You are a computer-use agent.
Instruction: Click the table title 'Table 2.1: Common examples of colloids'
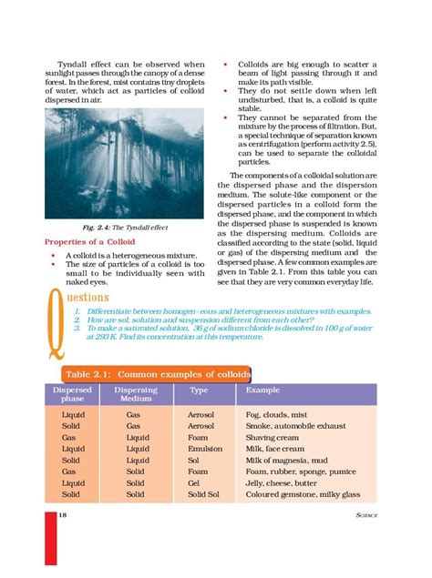156,374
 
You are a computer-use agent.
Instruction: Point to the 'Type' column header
198,389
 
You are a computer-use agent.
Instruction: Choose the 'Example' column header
256,389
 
